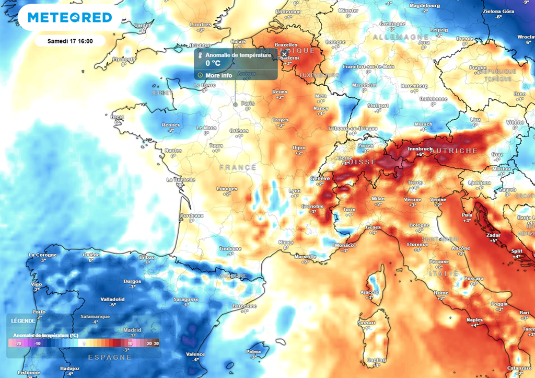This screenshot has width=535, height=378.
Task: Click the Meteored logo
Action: (69, 18)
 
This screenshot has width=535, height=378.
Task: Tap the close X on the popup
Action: (284, 54)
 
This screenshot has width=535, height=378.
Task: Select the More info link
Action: (218, 75)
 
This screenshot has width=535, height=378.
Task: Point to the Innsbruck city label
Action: (420, 148)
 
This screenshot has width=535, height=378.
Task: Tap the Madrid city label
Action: (132, 330)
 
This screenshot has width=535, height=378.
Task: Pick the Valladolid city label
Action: (112, 299)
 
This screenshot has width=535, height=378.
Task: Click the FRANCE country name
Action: (238, 167)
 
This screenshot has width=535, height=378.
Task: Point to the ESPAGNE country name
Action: (109, 357)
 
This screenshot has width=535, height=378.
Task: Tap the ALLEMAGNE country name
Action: (393, 37)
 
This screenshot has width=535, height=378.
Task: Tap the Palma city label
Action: (254, 352)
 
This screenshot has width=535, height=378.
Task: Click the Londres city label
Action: (200, 25)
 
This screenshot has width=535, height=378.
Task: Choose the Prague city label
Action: (478, 67)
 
